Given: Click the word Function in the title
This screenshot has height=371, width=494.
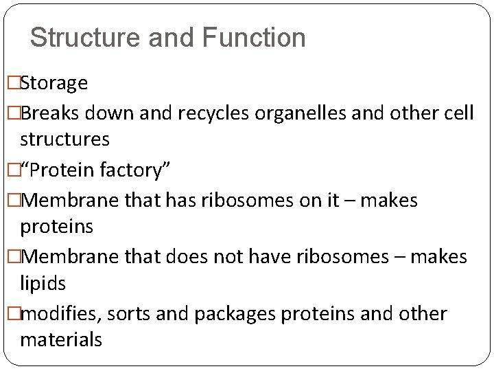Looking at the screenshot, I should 253,37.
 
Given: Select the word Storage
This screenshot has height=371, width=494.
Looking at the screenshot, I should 54,84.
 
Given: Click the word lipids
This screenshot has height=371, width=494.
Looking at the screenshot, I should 43,283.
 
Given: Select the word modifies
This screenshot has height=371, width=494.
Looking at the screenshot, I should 60,314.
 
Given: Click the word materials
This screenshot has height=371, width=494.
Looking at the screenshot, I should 61,339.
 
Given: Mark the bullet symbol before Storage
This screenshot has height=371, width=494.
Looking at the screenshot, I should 12,84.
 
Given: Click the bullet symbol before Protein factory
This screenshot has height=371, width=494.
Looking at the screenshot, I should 12,170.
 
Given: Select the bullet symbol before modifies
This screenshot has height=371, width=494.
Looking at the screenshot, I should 12,314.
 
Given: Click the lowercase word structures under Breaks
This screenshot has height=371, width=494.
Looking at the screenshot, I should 64,139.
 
